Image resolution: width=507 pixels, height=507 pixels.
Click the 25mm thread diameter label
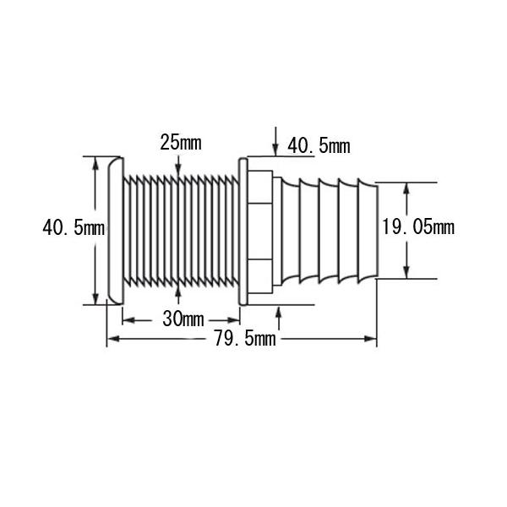pyautogui.click(x=181, y=143)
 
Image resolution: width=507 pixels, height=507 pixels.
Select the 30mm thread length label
pyautogui.click(x=183, y=319)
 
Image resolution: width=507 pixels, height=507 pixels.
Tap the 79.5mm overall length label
pyautogui.click(x=245, y=339)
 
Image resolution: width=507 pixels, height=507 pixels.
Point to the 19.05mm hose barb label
pyautogui.click(x=418, y=226)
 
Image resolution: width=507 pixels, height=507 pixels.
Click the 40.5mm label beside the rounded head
pyautogui.click(x=74, y=227)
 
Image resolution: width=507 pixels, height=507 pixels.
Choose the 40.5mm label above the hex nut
pyautogui.click(x=319, y=146)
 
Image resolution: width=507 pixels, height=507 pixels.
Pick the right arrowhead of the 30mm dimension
pyautogui.click(x=233, y=320)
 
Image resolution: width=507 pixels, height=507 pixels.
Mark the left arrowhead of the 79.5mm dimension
pyautogui.click(x=113, y=339)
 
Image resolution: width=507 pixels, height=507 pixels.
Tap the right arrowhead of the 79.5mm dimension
pyautogui.click(x=371, y=339)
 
